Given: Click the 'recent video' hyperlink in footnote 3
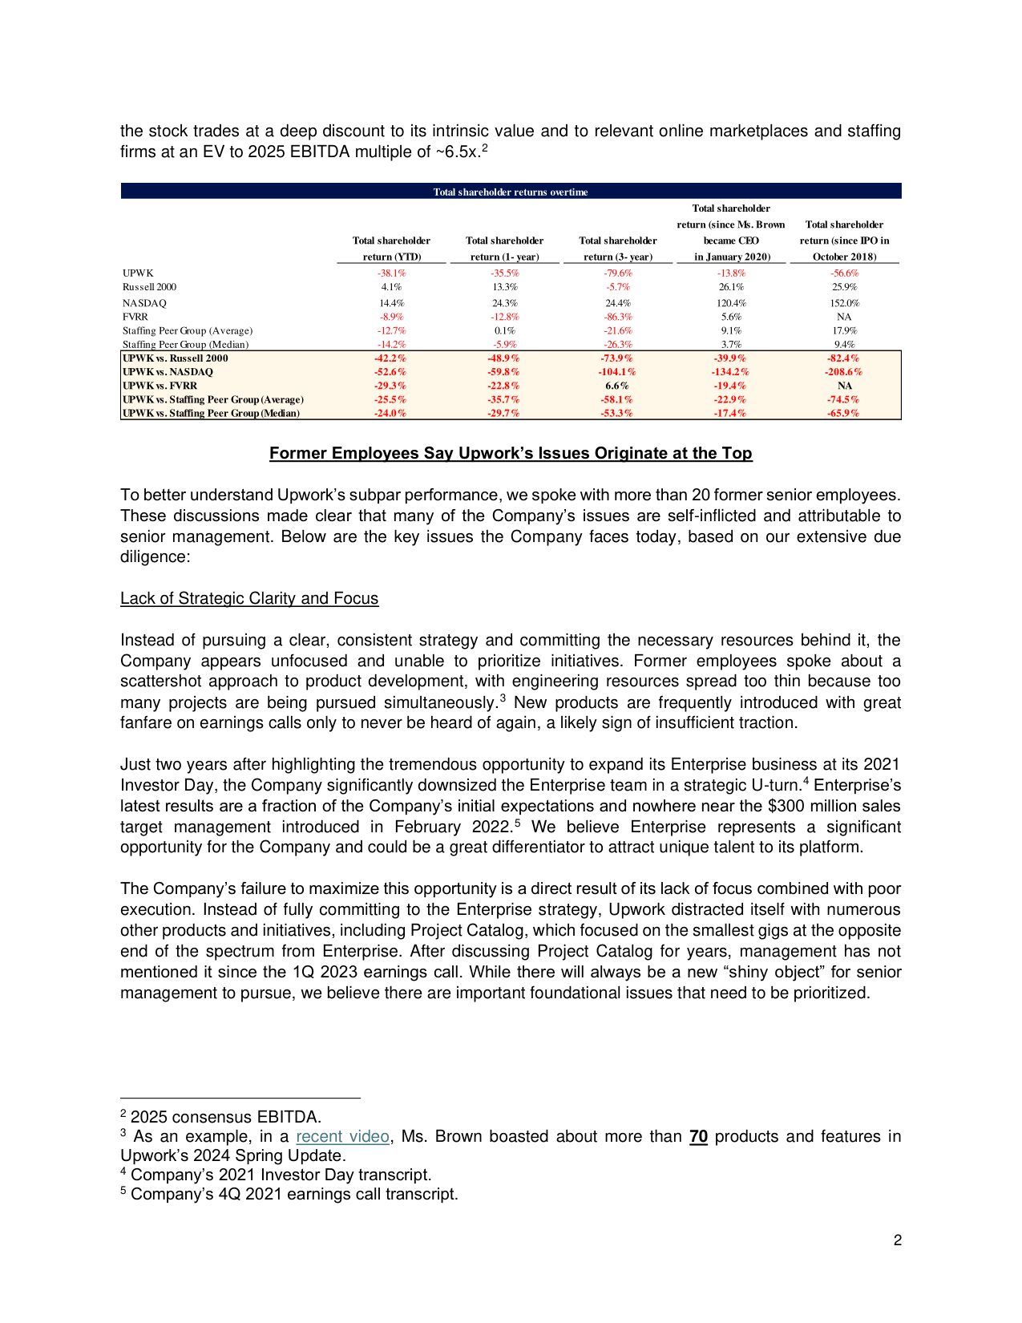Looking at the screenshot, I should [342, 1136].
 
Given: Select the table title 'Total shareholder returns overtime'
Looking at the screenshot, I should [511, 192].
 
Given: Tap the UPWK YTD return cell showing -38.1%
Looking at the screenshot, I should [391, 273].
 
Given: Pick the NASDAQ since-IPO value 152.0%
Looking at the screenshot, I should [844, 303].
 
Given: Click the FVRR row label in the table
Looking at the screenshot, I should [135, 317].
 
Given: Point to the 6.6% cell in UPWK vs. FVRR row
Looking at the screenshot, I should [617, 386].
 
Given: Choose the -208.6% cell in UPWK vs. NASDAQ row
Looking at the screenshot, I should [844, 372].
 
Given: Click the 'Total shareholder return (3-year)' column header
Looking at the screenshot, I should [617, 249].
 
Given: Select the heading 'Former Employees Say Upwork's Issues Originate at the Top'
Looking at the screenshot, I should [511, 453].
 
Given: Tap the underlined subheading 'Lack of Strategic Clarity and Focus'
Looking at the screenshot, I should [249, 598].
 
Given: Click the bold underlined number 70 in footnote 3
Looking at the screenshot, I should [698, 1136].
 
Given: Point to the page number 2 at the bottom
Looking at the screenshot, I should [898, 1240].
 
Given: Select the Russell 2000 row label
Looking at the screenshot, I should [150, 287].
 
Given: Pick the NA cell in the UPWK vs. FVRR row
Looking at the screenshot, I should [844, 386].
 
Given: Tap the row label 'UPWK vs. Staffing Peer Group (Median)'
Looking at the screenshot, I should [211, 413].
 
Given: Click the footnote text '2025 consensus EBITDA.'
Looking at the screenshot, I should [226, 1117].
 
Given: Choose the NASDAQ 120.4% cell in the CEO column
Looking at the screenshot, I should [731, 303].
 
